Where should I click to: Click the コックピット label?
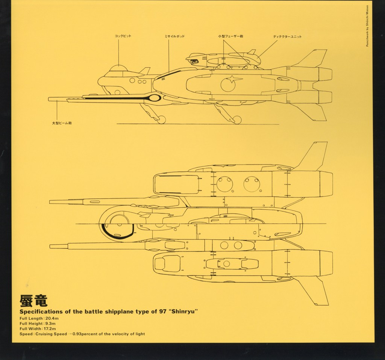pos(123,36)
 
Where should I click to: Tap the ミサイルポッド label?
pos(175,36)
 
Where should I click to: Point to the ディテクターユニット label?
pos(287,37)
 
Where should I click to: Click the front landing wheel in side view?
pos(162,119)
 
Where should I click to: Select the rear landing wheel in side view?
pos(236,119)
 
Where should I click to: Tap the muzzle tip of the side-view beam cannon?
pos(50,99)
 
